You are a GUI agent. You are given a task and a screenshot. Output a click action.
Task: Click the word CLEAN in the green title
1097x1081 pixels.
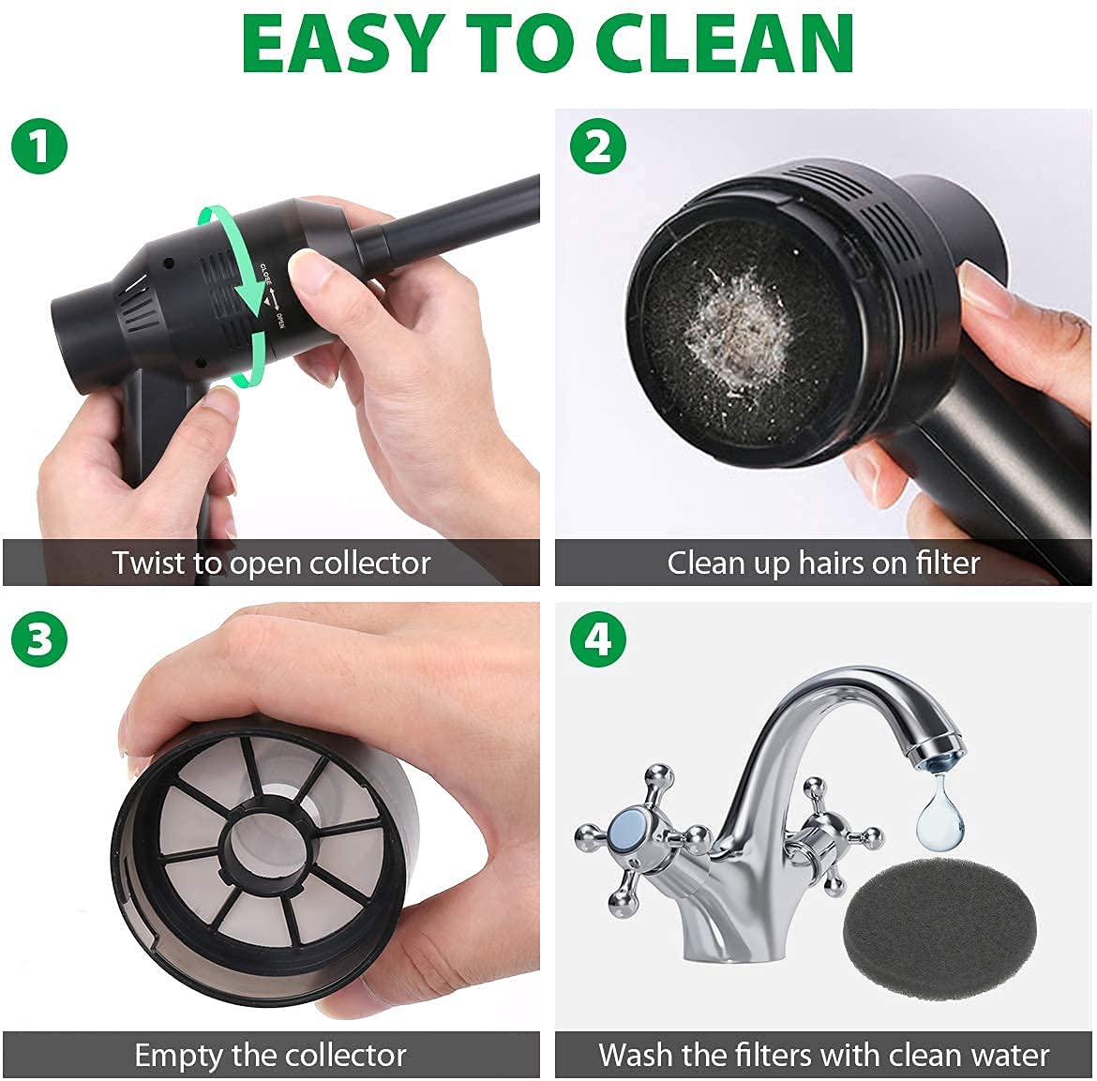pos(723,43)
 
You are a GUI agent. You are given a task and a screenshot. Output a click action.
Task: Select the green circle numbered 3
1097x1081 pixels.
pos(38,639)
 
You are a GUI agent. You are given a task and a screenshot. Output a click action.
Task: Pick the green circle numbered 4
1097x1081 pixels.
pos(597,639)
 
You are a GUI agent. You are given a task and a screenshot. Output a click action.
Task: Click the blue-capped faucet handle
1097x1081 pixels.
pos(625,832)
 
